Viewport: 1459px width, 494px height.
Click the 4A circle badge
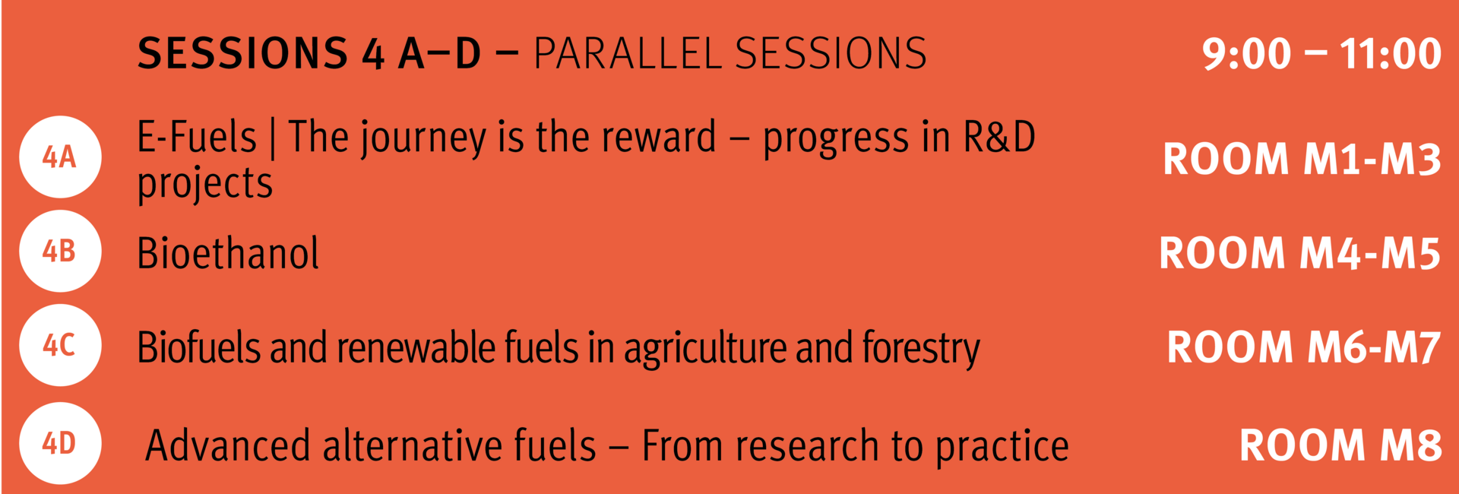point(60,157)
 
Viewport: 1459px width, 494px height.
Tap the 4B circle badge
point(60,252)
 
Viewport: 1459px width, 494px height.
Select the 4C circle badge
point(60,345)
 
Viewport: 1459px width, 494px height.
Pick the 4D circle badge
point(60,443)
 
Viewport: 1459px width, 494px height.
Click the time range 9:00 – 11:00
point(1321,54)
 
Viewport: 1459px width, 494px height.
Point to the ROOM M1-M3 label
point(1302,160)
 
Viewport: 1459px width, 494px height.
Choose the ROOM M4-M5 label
point(1299,253)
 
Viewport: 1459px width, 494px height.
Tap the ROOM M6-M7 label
point(1303,347)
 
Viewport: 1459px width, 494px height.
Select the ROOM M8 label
point(1340,445)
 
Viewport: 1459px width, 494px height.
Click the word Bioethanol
point(228,253)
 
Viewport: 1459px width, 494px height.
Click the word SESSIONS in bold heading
point(242,54)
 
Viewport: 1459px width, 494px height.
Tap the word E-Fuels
point(197,138)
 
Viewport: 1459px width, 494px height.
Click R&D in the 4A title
point(999,138)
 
